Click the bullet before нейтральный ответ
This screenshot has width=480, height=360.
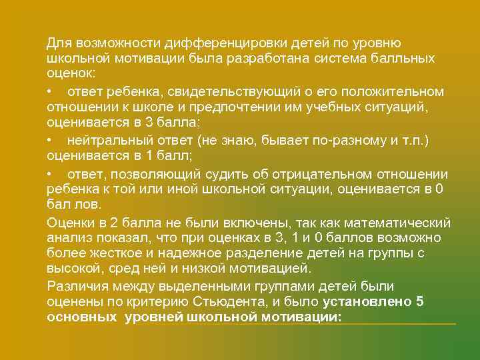pos(50,140)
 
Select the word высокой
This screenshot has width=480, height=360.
pos(71,269)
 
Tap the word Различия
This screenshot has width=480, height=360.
pos(75,285)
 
